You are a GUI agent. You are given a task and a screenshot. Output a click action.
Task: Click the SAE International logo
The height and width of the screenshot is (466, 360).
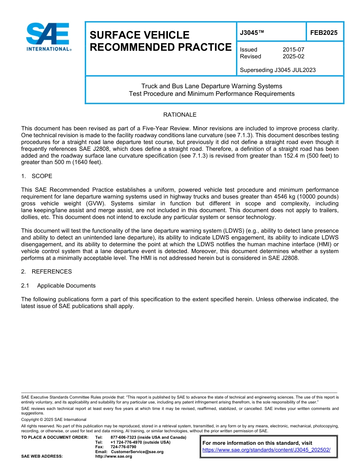point(48,37)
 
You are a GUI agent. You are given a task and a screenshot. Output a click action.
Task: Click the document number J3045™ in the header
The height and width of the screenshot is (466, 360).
point(252,33)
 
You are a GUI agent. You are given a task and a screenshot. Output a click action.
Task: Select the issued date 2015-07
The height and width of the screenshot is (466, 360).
point(293,50)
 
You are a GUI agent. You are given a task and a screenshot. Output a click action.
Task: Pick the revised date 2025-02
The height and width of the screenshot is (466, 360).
point(293,56)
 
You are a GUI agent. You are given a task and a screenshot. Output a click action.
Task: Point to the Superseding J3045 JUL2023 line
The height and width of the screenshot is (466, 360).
point(278,70)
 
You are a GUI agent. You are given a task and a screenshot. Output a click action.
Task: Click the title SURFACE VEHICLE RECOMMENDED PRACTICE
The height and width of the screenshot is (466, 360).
point(160,41)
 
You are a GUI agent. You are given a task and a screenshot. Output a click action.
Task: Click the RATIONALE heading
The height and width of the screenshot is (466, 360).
point(180,115)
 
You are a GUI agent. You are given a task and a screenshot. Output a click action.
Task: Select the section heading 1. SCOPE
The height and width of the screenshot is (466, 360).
point(37,176)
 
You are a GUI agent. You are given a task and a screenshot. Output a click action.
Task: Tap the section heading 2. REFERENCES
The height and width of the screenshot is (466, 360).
point(47,272)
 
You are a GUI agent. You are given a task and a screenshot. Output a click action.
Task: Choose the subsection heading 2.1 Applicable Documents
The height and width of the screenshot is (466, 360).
point(58,286)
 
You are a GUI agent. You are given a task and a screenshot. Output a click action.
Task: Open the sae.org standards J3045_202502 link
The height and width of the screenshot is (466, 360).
point(266,450)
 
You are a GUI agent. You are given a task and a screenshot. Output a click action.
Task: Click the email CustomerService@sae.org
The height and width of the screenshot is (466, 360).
point(137,452)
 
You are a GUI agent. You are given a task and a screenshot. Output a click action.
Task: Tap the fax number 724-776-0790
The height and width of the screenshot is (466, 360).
point(123,447)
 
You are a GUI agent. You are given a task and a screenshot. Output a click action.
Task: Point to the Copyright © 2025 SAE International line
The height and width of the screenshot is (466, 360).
point(54,419)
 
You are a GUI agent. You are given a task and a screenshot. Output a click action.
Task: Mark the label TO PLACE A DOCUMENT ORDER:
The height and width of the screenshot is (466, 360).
point(55,437)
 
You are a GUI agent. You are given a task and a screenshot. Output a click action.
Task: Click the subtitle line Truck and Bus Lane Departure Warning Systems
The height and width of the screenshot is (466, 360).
point(211,86)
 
